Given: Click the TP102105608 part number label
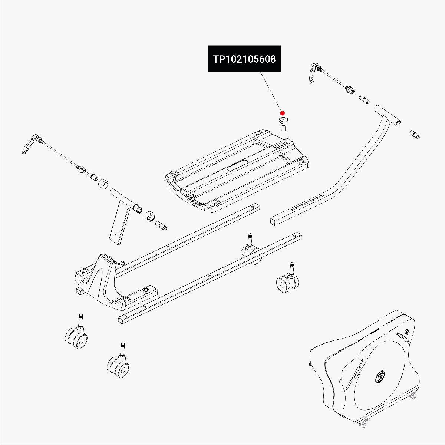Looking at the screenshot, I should (x=244, y=59).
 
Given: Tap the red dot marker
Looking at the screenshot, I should (x=282, y=113).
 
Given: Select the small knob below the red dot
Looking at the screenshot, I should (x=284, y=122).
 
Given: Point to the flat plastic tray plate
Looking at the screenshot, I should (x=237, y=171).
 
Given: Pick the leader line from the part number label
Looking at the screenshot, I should (x=270, y=91).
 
